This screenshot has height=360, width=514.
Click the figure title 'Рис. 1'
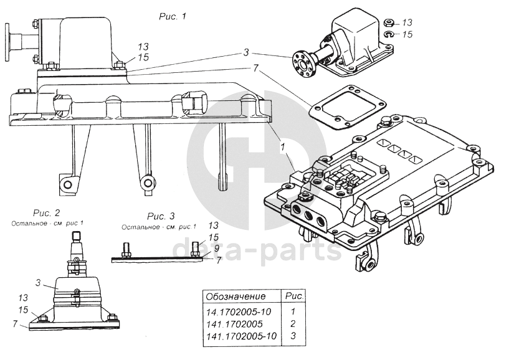coord(173,16)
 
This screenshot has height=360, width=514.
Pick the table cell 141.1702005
coord(234,324)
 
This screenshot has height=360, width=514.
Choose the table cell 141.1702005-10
coord(240,337)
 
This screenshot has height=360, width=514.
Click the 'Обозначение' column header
coord(236,296)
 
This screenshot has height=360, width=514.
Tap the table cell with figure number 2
coord(293,324)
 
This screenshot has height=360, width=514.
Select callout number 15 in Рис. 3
coord(214,237)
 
